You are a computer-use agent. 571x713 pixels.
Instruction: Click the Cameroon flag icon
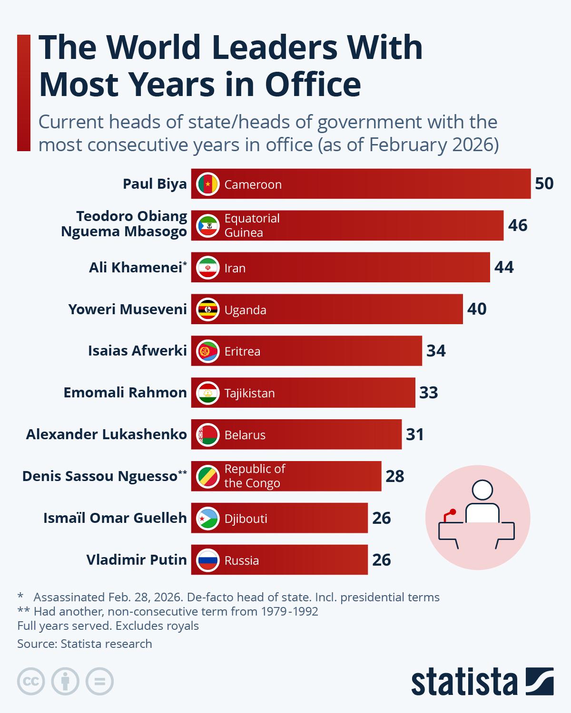207,184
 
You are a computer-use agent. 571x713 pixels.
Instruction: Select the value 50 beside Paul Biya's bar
544,183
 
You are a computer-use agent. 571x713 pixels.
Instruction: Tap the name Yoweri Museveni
128,309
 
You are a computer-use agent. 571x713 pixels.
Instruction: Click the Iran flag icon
207,268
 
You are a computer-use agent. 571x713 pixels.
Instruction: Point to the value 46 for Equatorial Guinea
518,225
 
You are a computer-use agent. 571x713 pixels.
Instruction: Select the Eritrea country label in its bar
242,351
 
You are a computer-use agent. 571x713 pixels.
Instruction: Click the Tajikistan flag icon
207,393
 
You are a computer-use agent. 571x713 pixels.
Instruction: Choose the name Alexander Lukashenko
106,434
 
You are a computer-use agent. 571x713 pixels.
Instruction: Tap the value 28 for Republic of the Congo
395,476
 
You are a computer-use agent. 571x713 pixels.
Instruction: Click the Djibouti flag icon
207,518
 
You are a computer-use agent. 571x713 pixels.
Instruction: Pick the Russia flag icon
207,560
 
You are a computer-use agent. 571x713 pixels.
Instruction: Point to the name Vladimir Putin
137,560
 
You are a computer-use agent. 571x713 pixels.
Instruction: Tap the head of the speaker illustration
482,491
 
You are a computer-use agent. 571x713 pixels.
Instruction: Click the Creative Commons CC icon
31,682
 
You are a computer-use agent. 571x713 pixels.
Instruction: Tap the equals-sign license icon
99,682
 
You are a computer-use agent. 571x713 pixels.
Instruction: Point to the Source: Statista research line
85,644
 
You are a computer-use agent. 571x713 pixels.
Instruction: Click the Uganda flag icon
207,309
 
